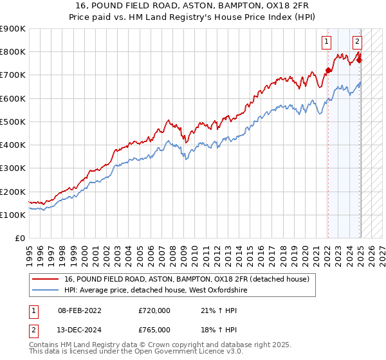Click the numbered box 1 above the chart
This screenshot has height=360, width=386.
(327, 42)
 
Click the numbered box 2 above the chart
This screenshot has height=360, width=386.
(357, 42)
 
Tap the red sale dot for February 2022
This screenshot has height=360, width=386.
(327, 70)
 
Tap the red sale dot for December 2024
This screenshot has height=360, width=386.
(359, 60)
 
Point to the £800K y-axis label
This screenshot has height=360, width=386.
(13, 52)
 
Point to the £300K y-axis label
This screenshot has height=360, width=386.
(13, 168)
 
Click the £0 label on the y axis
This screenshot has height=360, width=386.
(20, 239)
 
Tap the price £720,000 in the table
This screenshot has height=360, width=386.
(154, 310)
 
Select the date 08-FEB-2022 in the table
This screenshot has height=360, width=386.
(75, 310)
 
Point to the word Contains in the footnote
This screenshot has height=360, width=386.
(44, 346)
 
